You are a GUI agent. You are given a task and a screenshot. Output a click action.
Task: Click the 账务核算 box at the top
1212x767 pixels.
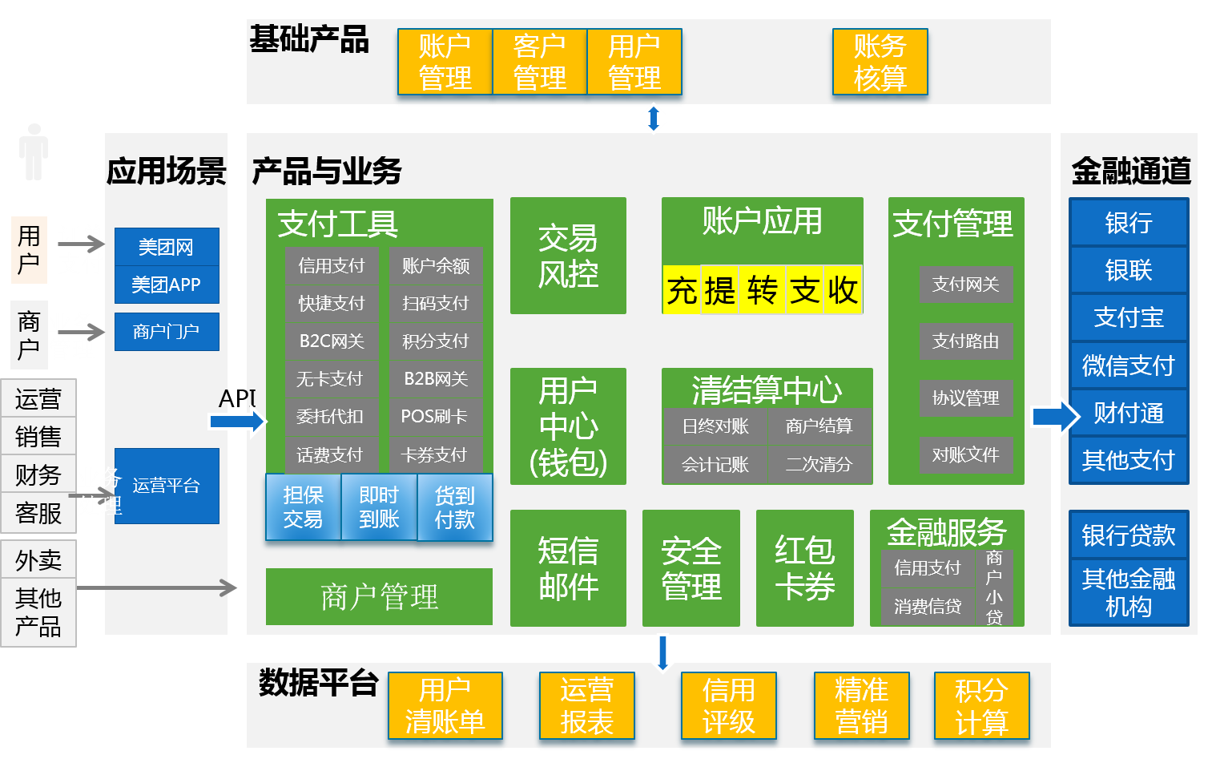[x=880, y=62]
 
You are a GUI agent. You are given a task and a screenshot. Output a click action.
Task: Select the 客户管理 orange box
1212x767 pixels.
[x=539, y=62]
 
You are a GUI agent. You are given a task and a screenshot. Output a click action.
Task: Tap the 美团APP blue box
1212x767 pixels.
[x=167, y=285]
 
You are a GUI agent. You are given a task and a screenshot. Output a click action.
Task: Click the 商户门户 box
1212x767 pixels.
[x=167, y=331]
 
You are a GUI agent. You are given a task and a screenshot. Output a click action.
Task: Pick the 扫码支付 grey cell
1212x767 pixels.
[x=436, y=303]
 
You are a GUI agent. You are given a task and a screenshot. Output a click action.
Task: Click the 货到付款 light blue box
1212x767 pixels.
[x=454, y=507]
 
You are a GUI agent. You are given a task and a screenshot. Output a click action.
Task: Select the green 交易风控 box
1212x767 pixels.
[x=568, y=256]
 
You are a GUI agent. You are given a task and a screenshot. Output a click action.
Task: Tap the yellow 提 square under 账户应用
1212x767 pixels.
[x=719, y=289]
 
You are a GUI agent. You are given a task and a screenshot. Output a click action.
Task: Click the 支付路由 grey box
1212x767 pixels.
[x=965, y=341]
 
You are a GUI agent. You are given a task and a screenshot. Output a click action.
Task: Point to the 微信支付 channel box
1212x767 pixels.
[x=1128, y=365]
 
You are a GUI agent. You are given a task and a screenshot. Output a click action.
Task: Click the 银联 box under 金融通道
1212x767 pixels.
[x=1128, y=270]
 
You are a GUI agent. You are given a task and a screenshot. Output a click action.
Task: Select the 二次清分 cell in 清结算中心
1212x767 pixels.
[x=819, y=464]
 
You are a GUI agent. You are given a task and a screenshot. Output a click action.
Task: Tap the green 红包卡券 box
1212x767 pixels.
[x=804, y=568]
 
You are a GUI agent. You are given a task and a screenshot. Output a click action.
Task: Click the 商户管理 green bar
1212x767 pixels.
[x=379, y=596]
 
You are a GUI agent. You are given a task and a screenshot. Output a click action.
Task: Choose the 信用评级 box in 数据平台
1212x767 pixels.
[x=728, y=705]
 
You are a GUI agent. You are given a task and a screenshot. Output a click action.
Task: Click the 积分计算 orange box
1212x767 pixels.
[x=981, y=705]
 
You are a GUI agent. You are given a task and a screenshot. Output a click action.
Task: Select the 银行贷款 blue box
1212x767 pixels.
[x=1128, y=535]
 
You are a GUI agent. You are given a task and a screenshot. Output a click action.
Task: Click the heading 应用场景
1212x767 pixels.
[x=167, y=171]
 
